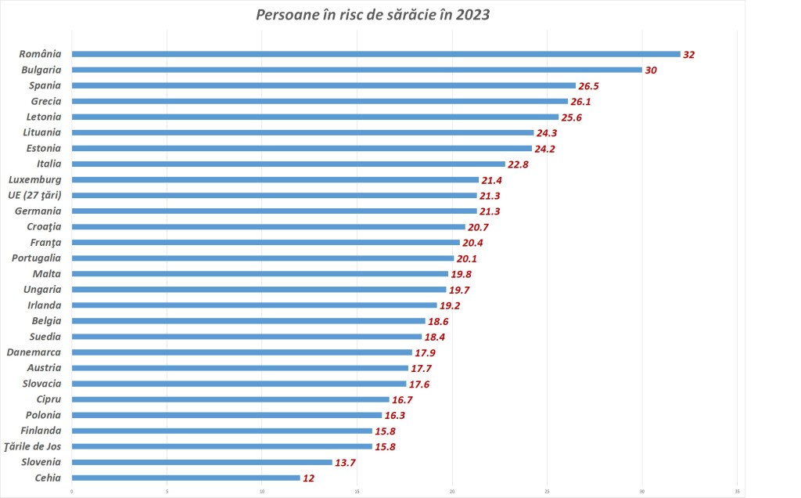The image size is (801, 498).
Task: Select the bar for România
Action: point(375,54)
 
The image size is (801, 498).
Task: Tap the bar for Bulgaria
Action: point(356,70)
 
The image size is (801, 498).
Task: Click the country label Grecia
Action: point(45,101)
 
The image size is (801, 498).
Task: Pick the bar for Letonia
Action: point(314,117)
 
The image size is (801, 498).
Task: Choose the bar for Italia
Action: point(288,164)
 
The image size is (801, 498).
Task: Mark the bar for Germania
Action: point(274,211)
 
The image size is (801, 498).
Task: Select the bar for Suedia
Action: point(246,337)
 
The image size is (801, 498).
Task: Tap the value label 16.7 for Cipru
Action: point(403,399)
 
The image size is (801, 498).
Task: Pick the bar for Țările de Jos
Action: point(221,446)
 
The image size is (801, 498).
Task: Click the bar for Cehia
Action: point(185,478)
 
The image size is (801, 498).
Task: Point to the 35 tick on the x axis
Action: point(737,491)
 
